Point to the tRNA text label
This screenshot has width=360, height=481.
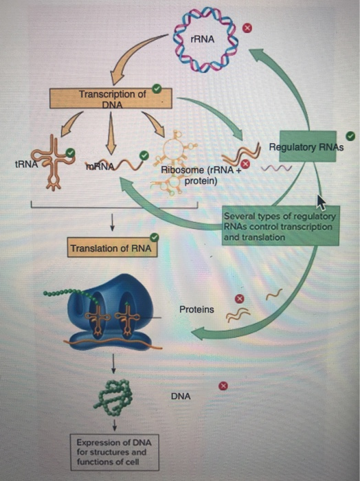click(x=24, y=165)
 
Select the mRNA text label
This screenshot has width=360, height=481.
click(x=99, y=166)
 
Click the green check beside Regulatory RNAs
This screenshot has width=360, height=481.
click(x=350, y=135)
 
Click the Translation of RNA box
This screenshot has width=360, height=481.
click(x=111, y=247)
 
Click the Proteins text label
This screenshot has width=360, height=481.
click(x=196, y=310)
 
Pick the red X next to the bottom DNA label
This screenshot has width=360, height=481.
click(x=222, y=387)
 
